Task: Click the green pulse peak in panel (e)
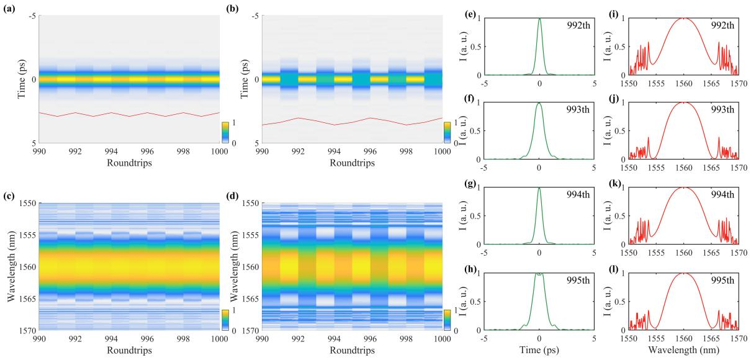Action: tap(539, 19)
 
